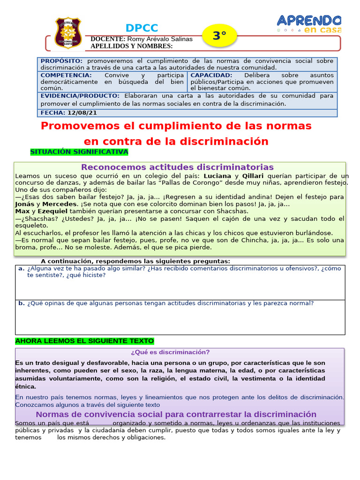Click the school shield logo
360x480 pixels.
tap(68, 33)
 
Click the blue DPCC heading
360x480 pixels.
tap(142, 28)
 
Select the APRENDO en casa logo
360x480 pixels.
tap(308, 23)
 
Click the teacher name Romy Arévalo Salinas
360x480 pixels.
tap(159, 39)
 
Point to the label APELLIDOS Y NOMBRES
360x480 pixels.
tap(131, 46)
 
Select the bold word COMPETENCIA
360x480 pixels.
tap(66, 75)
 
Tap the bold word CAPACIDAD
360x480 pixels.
tap(211, 75)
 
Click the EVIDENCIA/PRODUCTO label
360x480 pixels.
tap(80, 96)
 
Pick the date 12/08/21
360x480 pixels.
tap(83, 113)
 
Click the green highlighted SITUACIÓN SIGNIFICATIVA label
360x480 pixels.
tap(79, 152)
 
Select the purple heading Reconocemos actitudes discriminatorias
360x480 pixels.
tap(177, 167)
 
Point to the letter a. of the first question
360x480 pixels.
tap(21, 269)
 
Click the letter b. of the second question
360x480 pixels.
tap(21, 303)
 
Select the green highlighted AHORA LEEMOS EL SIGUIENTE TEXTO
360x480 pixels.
tap(84, 341)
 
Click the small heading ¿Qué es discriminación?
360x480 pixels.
tap(170, 352)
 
